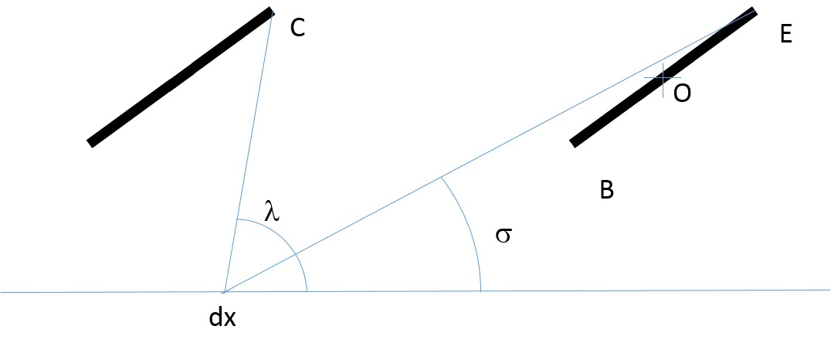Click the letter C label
[x=297, y=27]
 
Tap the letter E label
[x=786, y=35]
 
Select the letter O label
[x=682, y=93]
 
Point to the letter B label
[x=607, y=189]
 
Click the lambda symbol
[x=273, y=210]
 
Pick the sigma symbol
[x=504, y=235]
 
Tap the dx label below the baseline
[x=222, y=318]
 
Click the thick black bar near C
[x=180, y=77]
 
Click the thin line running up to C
[x=249, y=152]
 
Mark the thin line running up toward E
[x=490, y=151]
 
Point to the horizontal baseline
[x=415, y=291]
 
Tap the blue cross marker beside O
[x=663, y=78]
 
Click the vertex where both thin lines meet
[x=225, y=291]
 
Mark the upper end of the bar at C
[x=271, y=10]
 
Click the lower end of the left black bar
[x=90, y=144]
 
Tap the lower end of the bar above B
[x=572, y=144]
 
